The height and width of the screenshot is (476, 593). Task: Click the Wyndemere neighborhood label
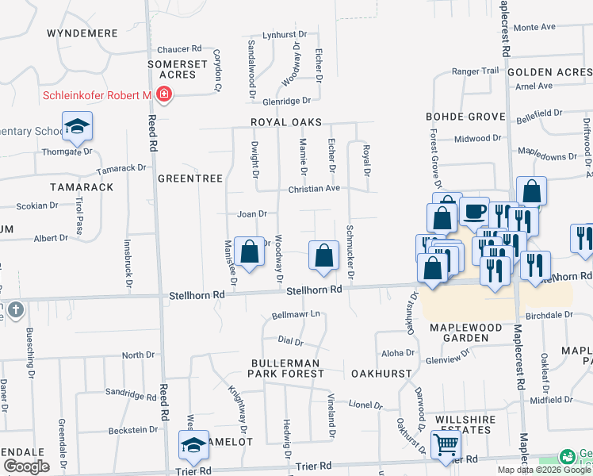pos(82,33)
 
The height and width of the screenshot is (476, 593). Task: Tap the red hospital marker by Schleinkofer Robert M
pos(163,96)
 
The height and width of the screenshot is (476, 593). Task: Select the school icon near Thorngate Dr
pos(78,126)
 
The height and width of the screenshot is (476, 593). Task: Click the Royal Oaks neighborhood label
pos(286,122)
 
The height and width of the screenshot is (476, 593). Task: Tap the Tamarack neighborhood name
pos(82,186)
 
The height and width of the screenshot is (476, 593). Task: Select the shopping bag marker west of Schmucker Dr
pos(323,255)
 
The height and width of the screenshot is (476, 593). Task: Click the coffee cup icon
pos(474,212)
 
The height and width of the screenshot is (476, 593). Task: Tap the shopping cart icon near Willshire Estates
pos(446,444)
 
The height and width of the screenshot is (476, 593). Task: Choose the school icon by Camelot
pos(193,445)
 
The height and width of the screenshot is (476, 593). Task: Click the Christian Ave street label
pos(314,189)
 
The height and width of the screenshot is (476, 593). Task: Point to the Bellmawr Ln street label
pos(296,315)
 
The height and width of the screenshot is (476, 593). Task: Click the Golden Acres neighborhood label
pos(549,72)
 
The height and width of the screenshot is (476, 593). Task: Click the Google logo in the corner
pos(26,466)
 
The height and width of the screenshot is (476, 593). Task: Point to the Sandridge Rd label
pos(131,393)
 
